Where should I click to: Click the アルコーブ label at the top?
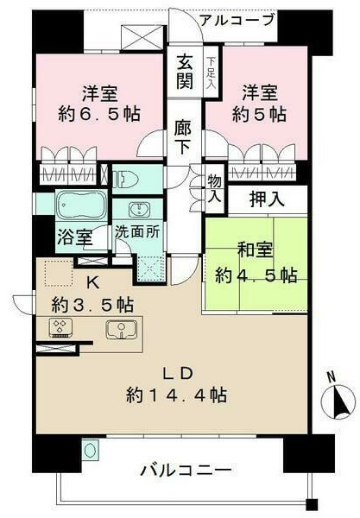tap(236, 20)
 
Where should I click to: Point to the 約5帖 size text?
tap(256, 113)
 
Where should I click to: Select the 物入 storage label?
tap(214, 188)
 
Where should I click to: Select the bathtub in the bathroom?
tap(80, 207)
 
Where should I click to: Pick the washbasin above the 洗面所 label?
tap(139, 209)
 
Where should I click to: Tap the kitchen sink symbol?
tap(121, 329)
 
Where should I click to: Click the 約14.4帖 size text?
tap(176, 395)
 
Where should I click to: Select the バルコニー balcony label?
tap(186, 472)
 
